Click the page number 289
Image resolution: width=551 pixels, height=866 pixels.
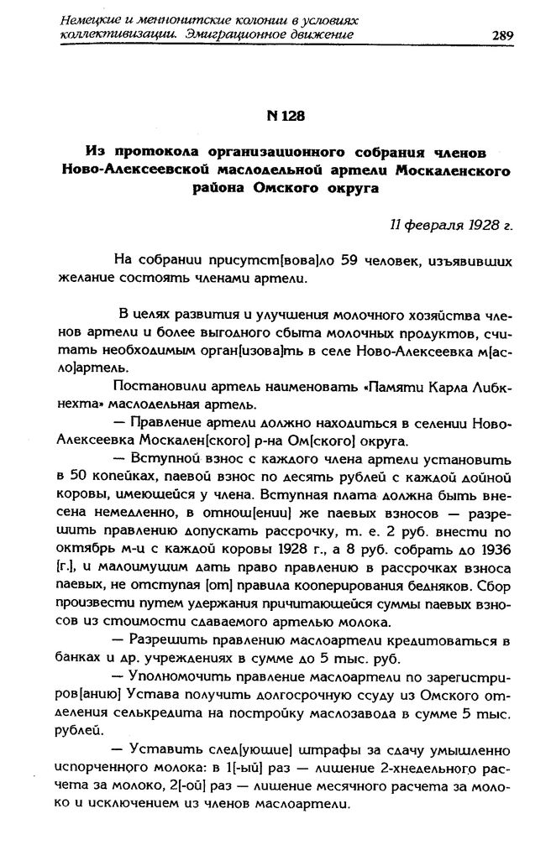point(502,34)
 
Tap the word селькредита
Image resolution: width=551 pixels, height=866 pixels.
point(163,714)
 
